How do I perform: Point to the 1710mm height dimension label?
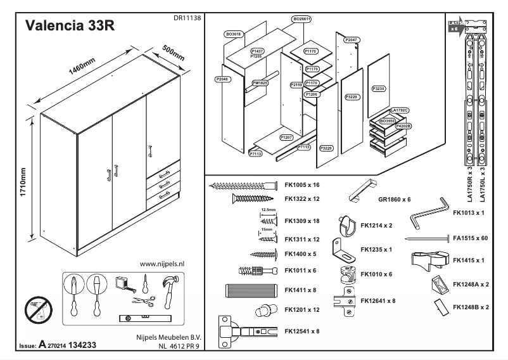point(23,181)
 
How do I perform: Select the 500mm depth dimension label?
point(172,53)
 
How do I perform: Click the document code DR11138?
point(187,19)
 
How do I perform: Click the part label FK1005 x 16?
point(303,185)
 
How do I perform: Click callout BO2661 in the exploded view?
point(302,20)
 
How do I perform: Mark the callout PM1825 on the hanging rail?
point(260,83)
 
